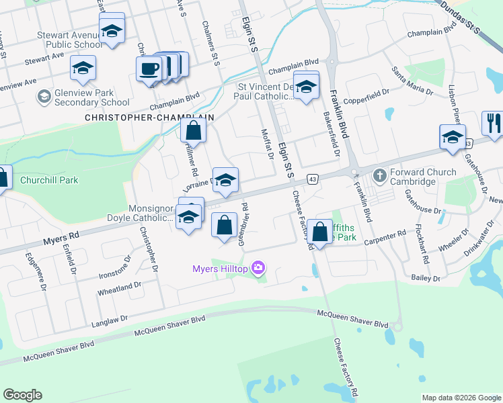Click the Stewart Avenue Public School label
tap(70, 40)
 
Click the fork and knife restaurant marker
tap(492, 123)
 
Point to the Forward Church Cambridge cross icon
tap(380, 175)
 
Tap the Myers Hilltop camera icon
tap(258, 269)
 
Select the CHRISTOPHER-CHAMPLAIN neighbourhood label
tap(149, 117)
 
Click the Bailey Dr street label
tap(426, 278)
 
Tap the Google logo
tap(22, 394)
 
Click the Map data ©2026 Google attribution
tap(461, 398)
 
